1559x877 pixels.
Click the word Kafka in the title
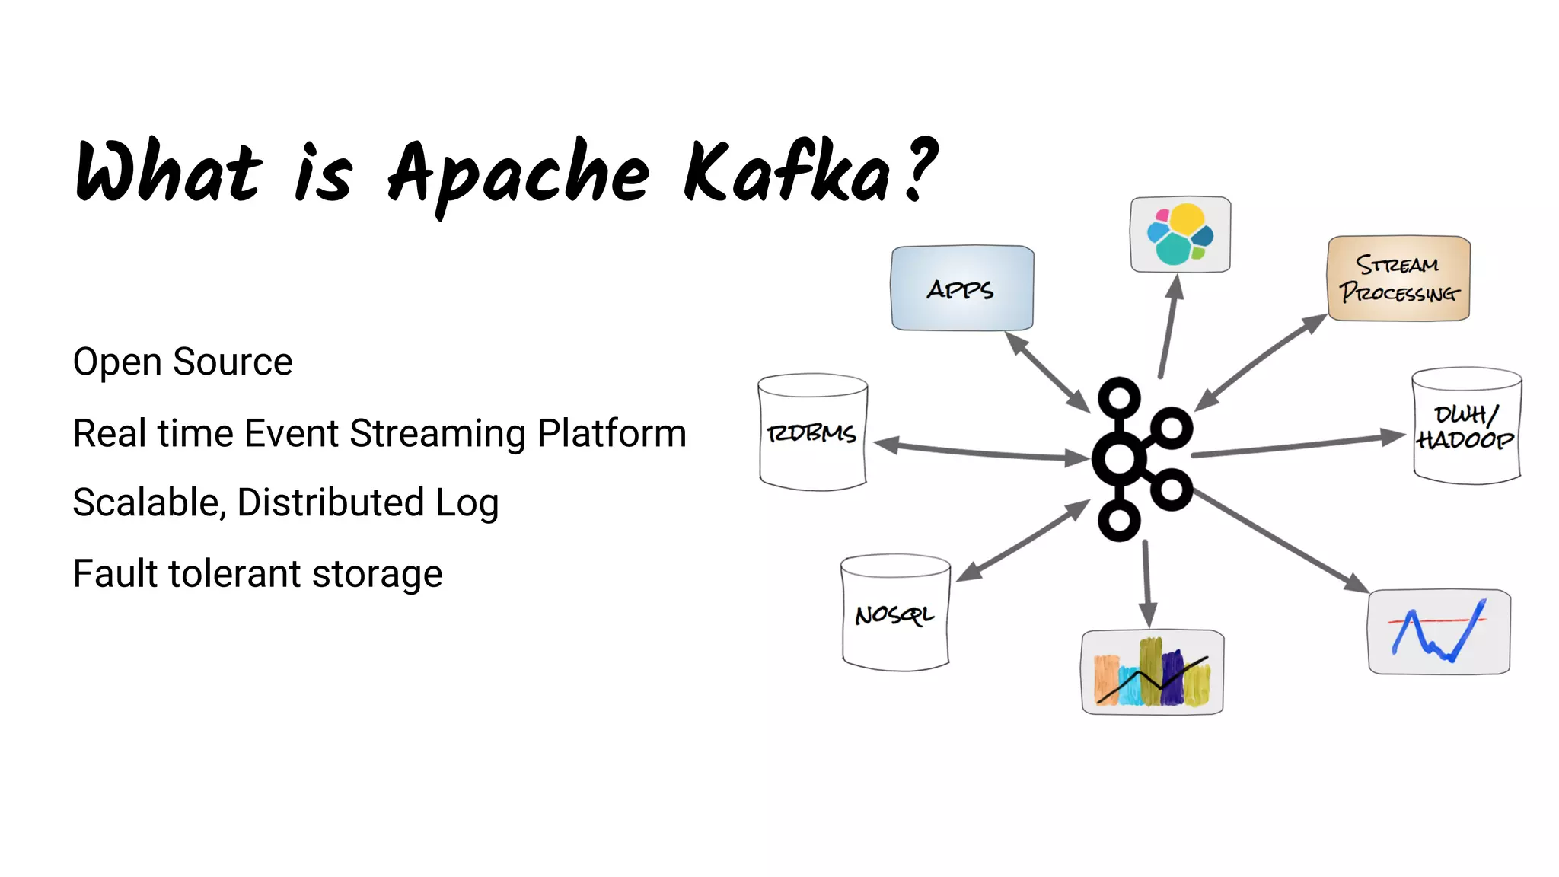pos(787,174)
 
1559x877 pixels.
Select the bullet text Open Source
pos(183,362)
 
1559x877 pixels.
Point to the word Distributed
pos(330,502)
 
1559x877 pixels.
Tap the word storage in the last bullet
pos(377,573)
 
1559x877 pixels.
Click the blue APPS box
pos(962,288)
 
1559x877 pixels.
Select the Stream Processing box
pos(1398,279)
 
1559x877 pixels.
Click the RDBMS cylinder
pos(812,432)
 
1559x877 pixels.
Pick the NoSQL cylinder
pos(895,614)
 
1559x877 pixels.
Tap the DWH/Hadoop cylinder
pos(1465,427)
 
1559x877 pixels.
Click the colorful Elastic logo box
pos(1180,234)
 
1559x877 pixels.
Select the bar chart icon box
pos(1153,671)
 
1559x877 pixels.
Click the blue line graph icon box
pos(1439,631)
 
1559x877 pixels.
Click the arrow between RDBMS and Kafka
pos(982,451)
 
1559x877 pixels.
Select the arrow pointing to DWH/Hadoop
pos(1298,445)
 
